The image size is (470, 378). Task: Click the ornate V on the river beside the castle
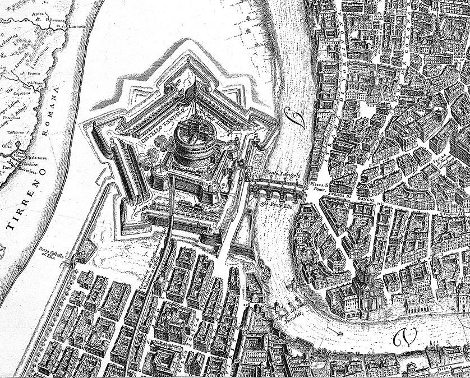point(293,116)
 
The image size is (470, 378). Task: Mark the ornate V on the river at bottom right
point(402,336)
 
